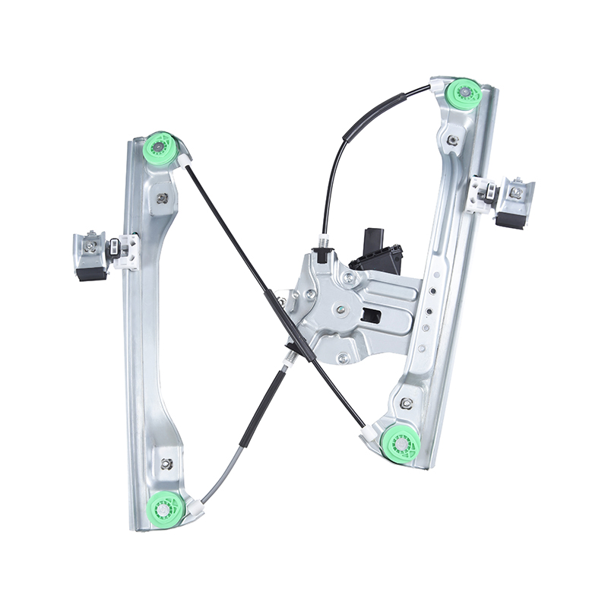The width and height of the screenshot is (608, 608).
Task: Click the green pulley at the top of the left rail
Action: point(161,146)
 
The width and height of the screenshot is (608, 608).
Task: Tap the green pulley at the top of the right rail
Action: point(463,95)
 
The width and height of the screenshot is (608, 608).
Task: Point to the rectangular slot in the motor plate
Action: point(373,315)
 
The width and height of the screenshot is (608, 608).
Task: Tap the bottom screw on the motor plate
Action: point(344,357)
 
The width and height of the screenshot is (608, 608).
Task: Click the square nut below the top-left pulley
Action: point(162,198)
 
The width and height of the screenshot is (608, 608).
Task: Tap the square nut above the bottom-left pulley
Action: point(167,463)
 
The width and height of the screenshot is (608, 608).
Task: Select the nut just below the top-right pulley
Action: point(454,141)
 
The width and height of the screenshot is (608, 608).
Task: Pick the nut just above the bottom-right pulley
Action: point(407,403)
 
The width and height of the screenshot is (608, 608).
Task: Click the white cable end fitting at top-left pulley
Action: point(185,160)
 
